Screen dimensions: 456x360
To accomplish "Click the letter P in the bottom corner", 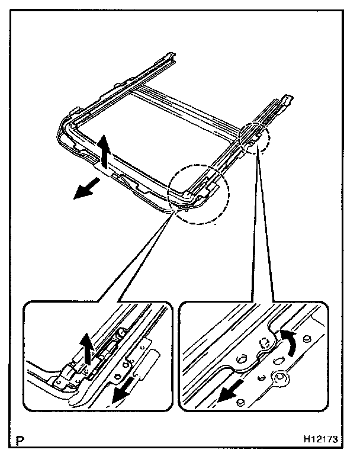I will click(22, 440).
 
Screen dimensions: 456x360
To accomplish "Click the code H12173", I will click(320, 440).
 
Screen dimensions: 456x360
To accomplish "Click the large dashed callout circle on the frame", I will click(197, 194).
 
